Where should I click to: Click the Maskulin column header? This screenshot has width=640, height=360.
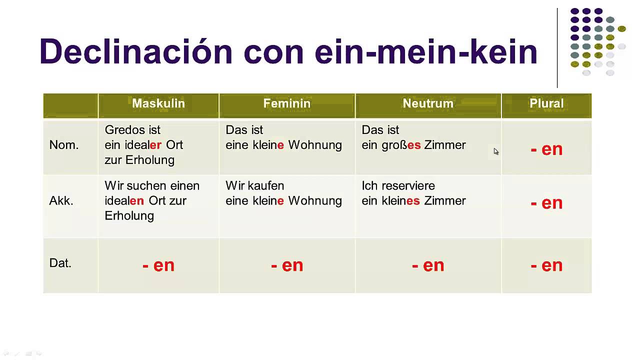158,103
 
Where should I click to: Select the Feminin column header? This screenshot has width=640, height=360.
287,103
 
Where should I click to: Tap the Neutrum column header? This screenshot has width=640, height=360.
428,103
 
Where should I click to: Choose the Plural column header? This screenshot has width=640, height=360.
546,103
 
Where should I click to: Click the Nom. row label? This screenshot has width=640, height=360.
64,145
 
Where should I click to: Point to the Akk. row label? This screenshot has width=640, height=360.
61,201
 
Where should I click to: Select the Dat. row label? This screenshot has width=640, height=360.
60,263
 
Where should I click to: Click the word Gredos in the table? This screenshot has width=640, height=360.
125,130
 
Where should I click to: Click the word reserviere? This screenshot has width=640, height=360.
408,186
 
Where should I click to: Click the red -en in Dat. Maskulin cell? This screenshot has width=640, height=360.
158,265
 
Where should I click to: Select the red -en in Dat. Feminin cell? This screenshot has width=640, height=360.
287,265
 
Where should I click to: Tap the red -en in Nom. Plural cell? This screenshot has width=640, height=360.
546,149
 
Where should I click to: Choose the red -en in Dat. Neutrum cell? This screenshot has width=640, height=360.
428,265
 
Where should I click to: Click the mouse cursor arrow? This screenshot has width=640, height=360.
496,151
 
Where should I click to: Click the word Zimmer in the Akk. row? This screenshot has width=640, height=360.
445,201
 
